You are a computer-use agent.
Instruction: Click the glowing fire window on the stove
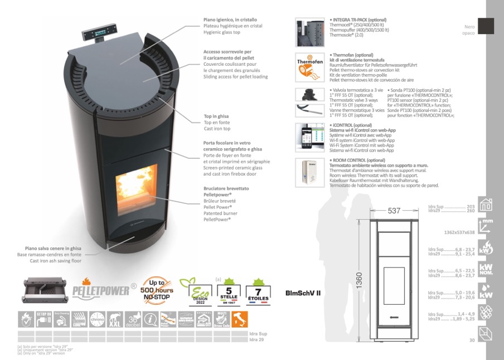137,183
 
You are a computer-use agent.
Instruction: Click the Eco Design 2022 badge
198,291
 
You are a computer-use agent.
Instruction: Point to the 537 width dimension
394,211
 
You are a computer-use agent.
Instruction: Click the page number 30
472,340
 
